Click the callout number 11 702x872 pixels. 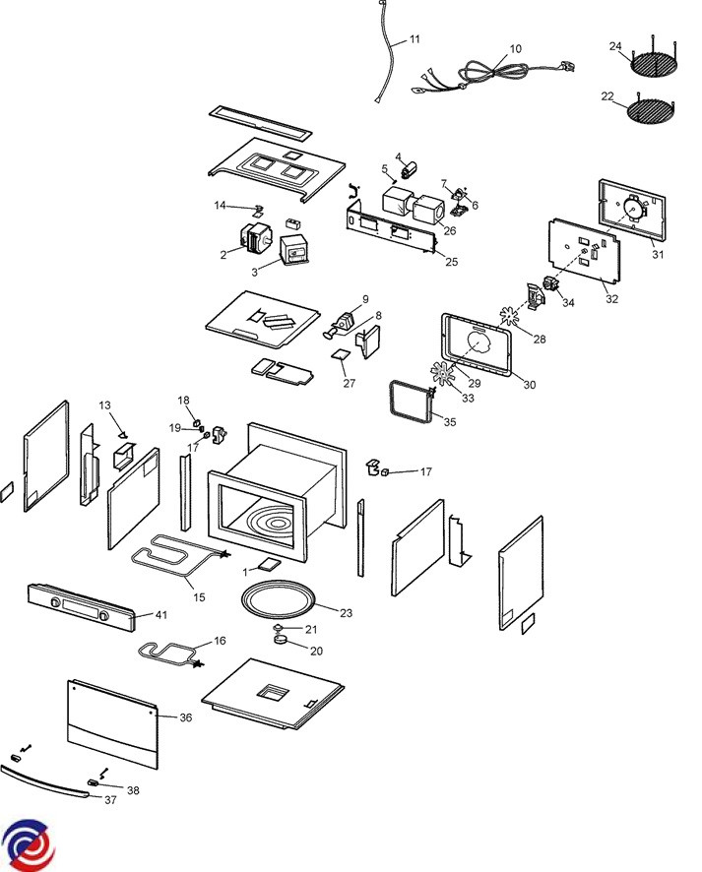pyautogui.click(x=415, y=38)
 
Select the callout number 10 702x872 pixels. pyautogui.click(x=516, y=48)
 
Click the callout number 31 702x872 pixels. pyautogui.click(x=658, y=255)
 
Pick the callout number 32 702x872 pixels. pyautogui.click(x=612, y=298)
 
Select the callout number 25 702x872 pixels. pyautogui.click(x=452, y=262)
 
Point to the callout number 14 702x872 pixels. pyautogui.click(x=221, y=205)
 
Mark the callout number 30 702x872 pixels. pyautogui.click(x=530, y=385)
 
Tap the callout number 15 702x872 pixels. pyautogui.click(x=199, y=597)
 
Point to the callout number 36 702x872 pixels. pyautogui.click(x=185, y=718)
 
